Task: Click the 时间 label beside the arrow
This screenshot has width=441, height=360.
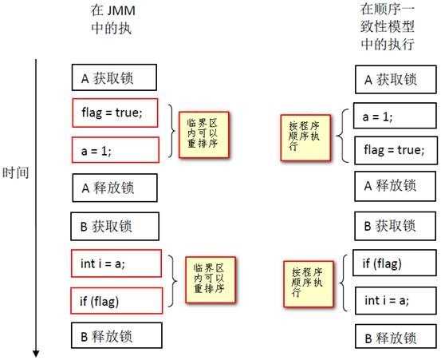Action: tap(16, 172)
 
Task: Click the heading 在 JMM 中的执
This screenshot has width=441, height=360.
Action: tap(112, 24)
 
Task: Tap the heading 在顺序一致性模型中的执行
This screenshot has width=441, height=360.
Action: tap(387, 26)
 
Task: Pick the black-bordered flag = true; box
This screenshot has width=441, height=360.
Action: tap(390, 149)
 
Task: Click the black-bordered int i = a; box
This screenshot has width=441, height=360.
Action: tap(390, 300)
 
